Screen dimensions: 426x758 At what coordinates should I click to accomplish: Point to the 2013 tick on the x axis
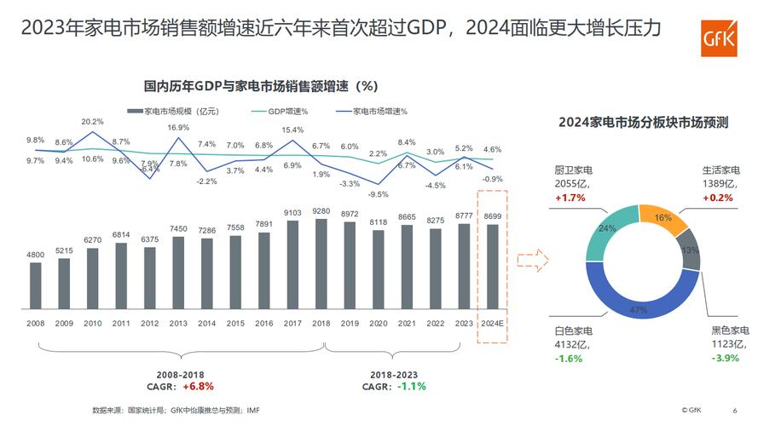pyautogui.click(x=178, y=324)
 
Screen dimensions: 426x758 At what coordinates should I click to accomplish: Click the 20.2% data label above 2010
pyautogui.click(x=92, y=122)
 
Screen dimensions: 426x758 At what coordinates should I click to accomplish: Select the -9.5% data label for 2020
pyautogui.click(x=379, y=193)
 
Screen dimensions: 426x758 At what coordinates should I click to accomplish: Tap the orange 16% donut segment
pyautogui.click(x=661, y=221)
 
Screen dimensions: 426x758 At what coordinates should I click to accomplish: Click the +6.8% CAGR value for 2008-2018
pyautogui.click(x=202, y=386)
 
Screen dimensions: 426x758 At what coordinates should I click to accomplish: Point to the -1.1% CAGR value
pyautogui.click(x=411, y=386)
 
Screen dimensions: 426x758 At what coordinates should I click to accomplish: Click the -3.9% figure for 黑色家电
pyautogui.click(x=723, y=360)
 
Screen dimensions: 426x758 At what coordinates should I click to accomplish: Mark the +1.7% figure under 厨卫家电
pyautogui.click(x=570, y=198)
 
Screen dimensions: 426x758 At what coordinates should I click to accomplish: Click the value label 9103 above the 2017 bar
pyautogui.click(x=292, y=213)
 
